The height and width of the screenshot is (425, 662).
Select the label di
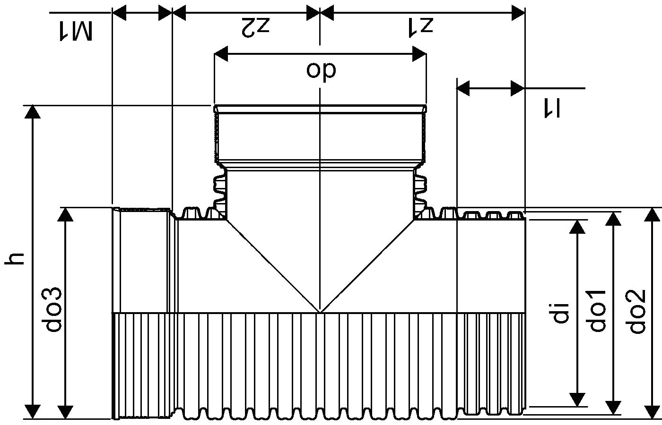pyautogui.click(x=561, y=313)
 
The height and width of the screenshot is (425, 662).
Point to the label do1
pyautogui.click(x=598, y=310)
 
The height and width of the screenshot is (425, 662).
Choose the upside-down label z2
pyautogui.click(x=255, y=26)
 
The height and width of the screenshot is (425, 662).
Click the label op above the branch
pyautogui.click(x=321, y=69)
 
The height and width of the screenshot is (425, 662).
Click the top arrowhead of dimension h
pyautogui.click(x=33, y=111)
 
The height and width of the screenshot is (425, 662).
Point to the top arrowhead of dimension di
pyautogui.click(x=577, y=227)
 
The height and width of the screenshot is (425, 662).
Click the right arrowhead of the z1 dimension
pyautogui.click(x=518, y=13)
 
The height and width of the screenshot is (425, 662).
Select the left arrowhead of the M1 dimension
pyautogui.click(x=119, y=13)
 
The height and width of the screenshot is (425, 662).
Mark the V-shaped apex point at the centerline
pyautogui.click(x=320, y=312)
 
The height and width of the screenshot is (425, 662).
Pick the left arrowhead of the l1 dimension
pyautogui.click(x=463, y=88)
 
